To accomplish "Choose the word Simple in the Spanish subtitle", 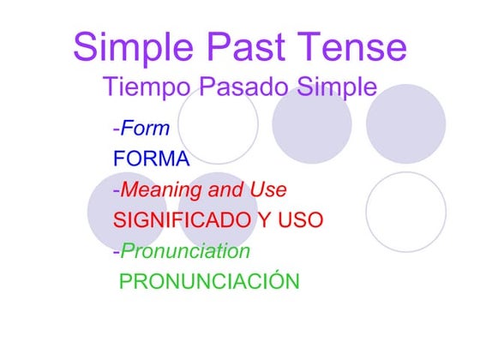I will (334, 88).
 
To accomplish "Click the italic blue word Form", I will (145, 129).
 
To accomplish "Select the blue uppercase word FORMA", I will (151, 159).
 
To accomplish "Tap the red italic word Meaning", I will (158, 189).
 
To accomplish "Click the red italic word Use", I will (269, 189).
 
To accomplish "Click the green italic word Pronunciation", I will (185, 251).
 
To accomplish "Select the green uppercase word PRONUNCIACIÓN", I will (209, 281).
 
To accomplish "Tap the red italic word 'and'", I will (226, 189).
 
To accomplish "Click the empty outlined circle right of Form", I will (218, 125).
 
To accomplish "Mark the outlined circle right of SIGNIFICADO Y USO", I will (405, 212).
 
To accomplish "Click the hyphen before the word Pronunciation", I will (116, 252).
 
